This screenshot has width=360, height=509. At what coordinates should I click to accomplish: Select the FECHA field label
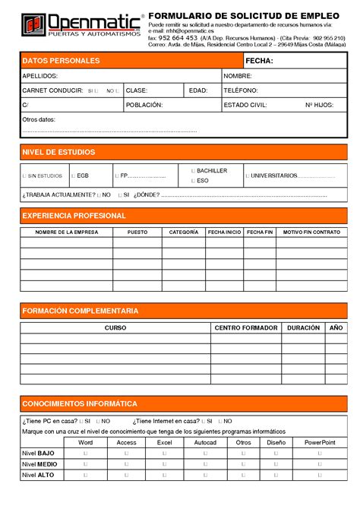click(x=259, y=61)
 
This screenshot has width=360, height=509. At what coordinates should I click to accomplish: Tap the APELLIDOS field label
click(x=39, y=77)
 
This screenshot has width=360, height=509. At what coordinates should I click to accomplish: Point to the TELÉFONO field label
click(x=241, y=90)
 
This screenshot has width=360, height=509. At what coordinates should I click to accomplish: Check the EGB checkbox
click(x=74, y=175)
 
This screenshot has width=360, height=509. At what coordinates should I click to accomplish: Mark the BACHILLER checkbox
click(x=193, y=171)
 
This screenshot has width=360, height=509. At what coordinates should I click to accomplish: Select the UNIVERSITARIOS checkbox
click(x=248, y=175)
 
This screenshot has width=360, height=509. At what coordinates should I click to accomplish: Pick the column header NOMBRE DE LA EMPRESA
click(x=67, y=232)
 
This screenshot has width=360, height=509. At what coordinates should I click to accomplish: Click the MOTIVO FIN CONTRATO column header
click(x=311, y=232)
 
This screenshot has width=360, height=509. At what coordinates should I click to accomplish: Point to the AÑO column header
click(x=336, y=327)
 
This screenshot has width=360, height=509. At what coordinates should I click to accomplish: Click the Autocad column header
click(x=205, y=441)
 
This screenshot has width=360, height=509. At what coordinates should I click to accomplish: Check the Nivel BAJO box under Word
click(x=85, y=453)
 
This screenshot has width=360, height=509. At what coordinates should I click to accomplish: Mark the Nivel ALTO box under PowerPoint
click(x=320, y=475)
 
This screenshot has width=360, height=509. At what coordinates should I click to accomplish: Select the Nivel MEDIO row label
click(x=39, y=463)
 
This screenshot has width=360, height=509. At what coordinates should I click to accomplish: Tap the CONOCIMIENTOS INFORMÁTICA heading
click(x=80, y=403)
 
